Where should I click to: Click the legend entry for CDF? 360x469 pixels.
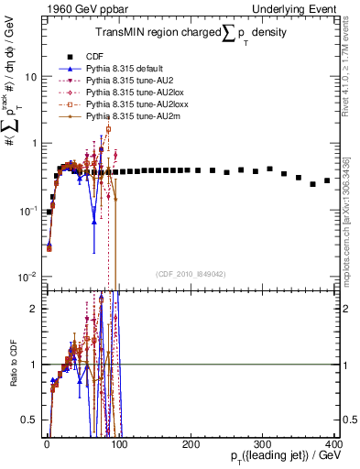point(93,56)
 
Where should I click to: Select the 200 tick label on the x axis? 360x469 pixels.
point(190,443)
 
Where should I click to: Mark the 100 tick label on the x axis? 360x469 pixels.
point(118,443)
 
